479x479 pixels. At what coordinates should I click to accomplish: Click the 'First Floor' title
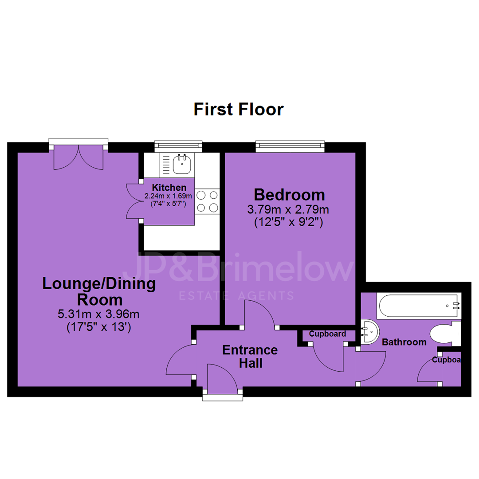click(x=239, y=110)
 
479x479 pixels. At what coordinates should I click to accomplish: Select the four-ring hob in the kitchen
click(x=207, y=201)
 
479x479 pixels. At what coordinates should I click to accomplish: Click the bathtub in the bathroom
click(x=419, y=306)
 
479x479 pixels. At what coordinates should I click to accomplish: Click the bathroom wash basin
click(x=370, y=332)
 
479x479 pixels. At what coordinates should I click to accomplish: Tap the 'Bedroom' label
click(x=289, y=195)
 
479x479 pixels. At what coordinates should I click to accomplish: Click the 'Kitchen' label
click(x=169, y=187)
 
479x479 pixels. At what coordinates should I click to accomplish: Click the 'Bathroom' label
click(x=404, y=342)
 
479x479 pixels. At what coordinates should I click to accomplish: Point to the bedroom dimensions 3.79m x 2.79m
click(x=288, y=209)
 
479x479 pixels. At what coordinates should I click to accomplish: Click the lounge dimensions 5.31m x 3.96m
click(x=98, y=314)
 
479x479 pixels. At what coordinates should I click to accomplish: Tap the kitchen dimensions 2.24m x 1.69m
click(x=169, y=196)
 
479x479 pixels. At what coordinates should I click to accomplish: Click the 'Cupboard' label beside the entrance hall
click(x=327, y=334)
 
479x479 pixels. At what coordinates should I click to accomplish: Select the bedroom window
click(x=290, y=146)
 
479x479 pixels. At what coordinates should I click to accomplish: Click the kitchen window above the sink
click(x=178, y=146)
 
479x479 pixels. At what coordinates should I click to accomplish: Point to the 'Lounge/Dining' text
click(x=99, y=283)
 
